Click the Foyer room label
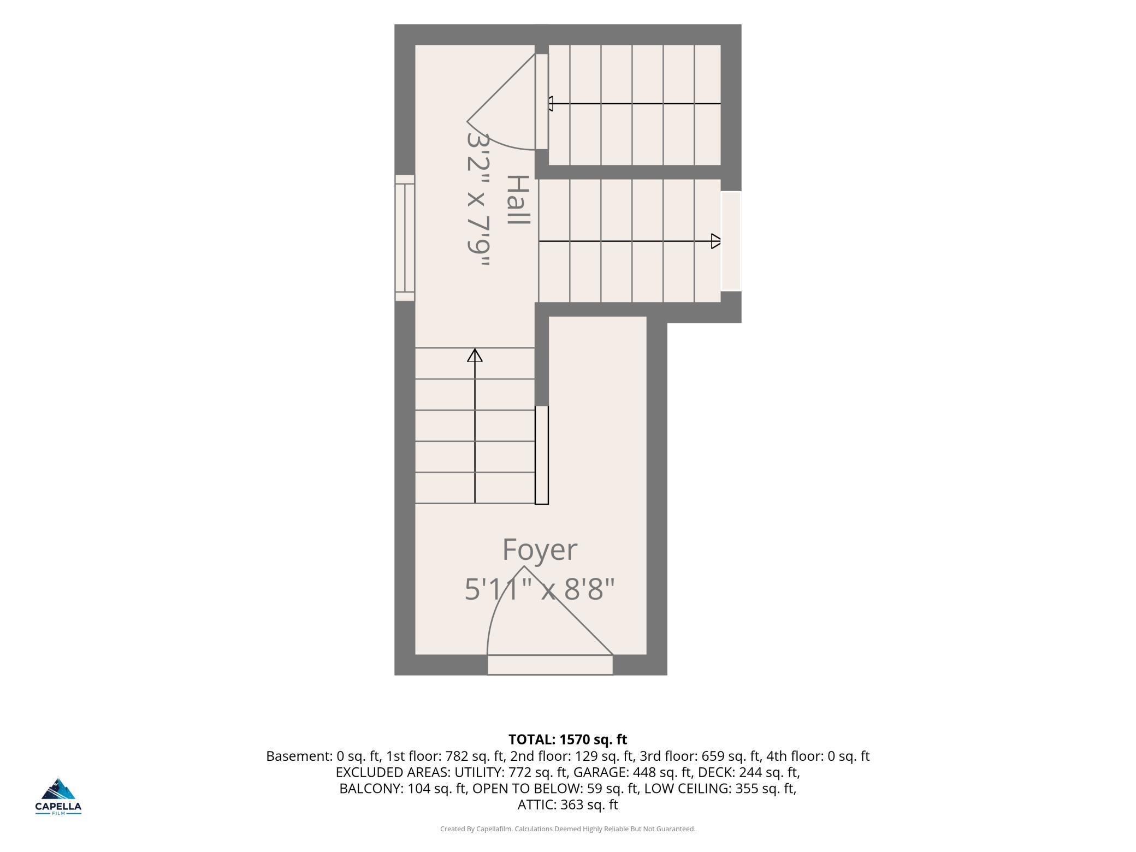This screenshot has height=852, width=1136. (540, 550)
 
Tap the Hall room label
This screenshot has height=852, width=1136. (518, 200)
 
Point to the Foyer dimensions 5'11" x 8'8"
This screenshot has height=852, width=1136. (540, 589)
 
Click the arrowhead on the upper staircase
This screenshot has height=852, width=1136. (551, 104)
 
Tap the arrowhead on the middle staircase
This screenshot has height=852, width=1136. (715, 241)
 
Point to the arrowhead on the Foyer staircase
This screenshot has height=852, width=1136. (475, 356)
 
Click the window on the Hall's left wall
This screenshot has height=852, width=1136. (405, 238)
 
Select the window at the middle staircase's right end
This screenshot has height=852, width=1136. (731, 241)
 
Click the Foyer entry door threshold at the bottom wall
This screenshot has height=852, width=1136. (550, 665)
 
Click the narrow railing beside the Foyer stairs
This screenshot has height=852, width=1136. (541, 455)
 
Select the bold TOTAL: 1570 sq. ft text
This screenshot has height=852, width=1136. (567, 739)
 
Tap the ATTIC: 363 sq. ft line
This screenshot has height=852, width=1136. (567, 804)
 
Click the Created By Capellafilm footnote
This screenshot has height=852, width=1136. (567, 829)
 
